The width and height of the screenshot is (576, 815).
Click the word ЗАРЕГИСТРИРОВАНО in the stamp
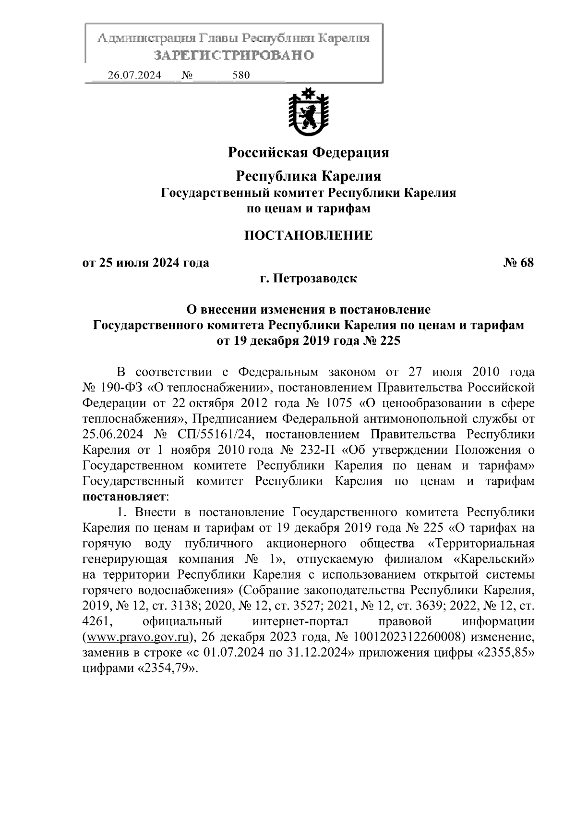tap(234, 55)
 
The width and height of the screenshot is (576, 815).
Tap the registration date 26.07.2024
tap(134, 75)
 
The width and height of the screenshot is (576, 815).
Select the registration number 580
tap(240, 75)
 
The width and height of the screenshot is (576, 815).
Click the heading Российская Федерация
tap(308, 153)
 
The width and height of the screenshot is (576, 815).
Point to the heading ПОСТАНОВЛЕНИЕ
tap(308, 235)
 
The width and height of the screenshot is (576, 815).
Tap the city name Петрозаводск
tap(315, 279)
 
